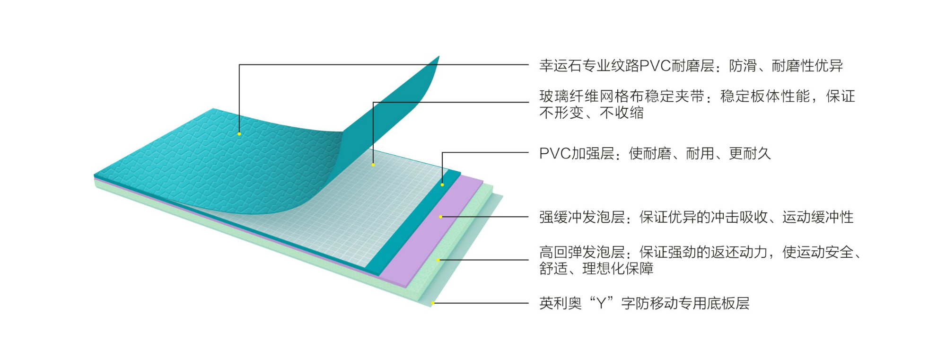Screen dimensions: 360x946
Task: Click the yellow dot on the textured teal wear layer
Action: point(239,134)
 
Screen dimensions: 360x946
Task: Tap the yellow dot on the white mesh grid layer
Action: point(373,165)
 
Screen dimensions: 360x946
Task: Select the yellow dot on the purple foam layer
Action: point(440,217)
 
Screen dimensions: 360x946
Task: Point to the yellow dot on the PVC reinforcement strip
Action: point(442,184)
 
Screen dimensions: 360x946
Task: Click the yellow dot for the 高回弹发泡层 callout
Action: point(438,260)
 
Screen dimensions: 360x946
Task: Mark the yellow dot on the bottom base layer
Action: point(432,303)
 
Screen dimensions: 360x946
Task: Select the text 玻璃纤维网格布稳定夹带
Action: point(622,97)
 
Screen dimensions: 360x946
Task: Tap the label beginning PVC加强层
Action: point(577,153)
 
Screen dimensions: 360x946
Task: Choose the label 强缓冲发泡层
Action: point(582,217)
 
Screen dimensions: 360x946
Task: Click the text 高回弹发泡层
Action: point(582,252)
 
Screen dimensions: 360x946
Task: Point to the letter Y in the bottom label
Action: point(601,303)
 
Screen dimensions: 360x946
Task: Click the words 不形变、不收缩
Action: point(591,113)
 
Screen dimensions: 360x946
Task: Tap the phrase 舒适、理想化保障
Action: point(596,269)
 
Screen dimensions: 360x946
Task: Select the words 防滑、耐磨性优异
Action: point(786,66)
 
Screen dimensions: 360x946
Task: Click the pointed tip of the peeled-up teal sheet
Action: point(438,57)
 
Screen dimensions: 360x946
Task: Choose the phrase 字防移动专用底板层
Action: point(685,303)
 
